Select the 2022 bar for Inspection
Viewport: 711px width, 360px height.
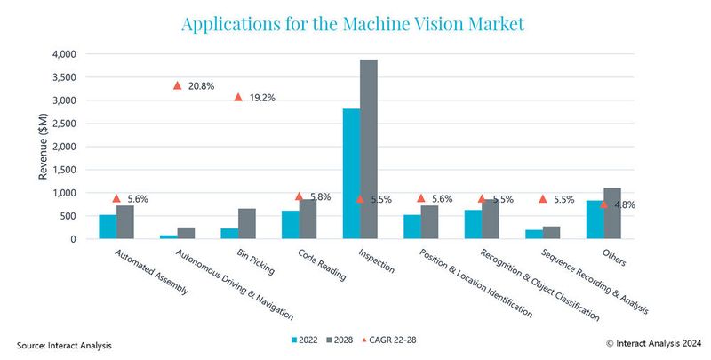pyautogui.click(x=352, y=173)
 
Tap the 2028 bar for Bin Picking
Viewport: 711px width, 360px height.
pyautogui.click(x=247, y=224)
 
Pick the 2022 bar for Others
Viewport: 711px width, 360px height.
pyautogui.click(x=595, y=220)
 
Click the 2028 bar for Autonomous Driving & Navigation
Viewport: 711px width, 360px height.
pyautogui.click(x=186, y=233)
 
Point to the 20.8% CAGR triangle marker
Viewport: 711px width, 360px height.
pyautogui.click(x=177, y=85)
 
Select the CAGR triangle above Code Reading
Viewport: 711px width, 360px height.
pyautogui.click(x=299, y=196)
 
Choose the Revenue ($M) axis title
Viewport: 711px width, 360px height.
pyautogui.click(x=43, y=147)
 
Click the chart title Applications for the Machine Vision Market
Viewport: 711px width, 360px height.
pyautogui.click(x=353, y=24)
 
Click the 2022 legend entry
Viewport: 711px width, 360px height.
pyautogui.click(x=303, y=340)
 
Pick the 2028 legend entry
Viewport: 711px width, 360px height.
pyautogui.click(x=345, y=340)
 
